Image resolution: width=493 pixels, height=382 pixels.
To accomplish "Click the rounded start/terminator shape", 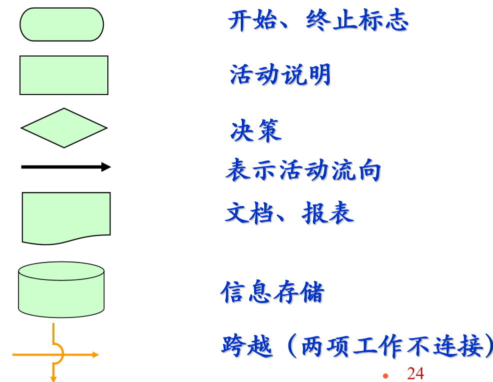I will point(61,24).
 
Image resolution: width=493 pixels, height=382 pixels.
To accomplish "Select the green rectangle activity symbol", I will point(64,75).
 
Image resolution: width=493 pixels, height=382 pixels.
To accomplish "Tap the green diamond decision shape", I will point(64,128).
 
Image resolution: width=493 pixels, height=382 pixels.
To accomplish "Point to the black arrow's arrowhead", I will point(106,167).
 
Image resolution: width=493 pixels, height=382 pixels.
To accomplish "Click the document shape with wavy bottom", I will point(66,216).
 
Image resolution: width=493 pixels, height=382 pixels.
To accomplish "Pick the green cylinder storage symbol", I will point(61,289).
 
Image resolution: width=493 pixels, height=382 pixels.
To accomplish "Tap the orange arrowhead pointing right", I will point(95,355).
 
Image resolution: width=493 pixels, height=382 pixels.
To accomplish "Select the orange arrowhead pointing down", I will point(53,378).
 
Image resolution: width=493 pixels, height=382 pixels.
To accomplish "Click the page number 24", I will point(415,373).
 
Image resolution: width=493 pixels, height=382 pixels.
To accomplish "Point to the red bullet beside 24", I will point(385,375).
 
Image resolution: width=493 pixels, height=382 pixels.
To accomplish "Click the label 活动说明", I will point(280,75).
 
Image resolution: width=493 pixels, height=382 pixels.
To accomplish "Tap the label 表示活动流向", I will point(303,171).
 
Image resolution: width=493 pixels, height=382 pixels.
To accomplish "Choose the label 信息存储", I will point(273,292).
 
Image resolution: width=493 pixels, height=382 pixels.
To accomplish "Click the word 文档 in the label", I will point(250,213).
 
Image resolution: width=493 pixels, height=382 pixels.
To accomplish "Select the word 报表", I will point(328,213).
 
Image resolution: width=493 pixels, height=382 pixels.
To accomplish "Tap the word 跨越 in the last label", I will point(247,346).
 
